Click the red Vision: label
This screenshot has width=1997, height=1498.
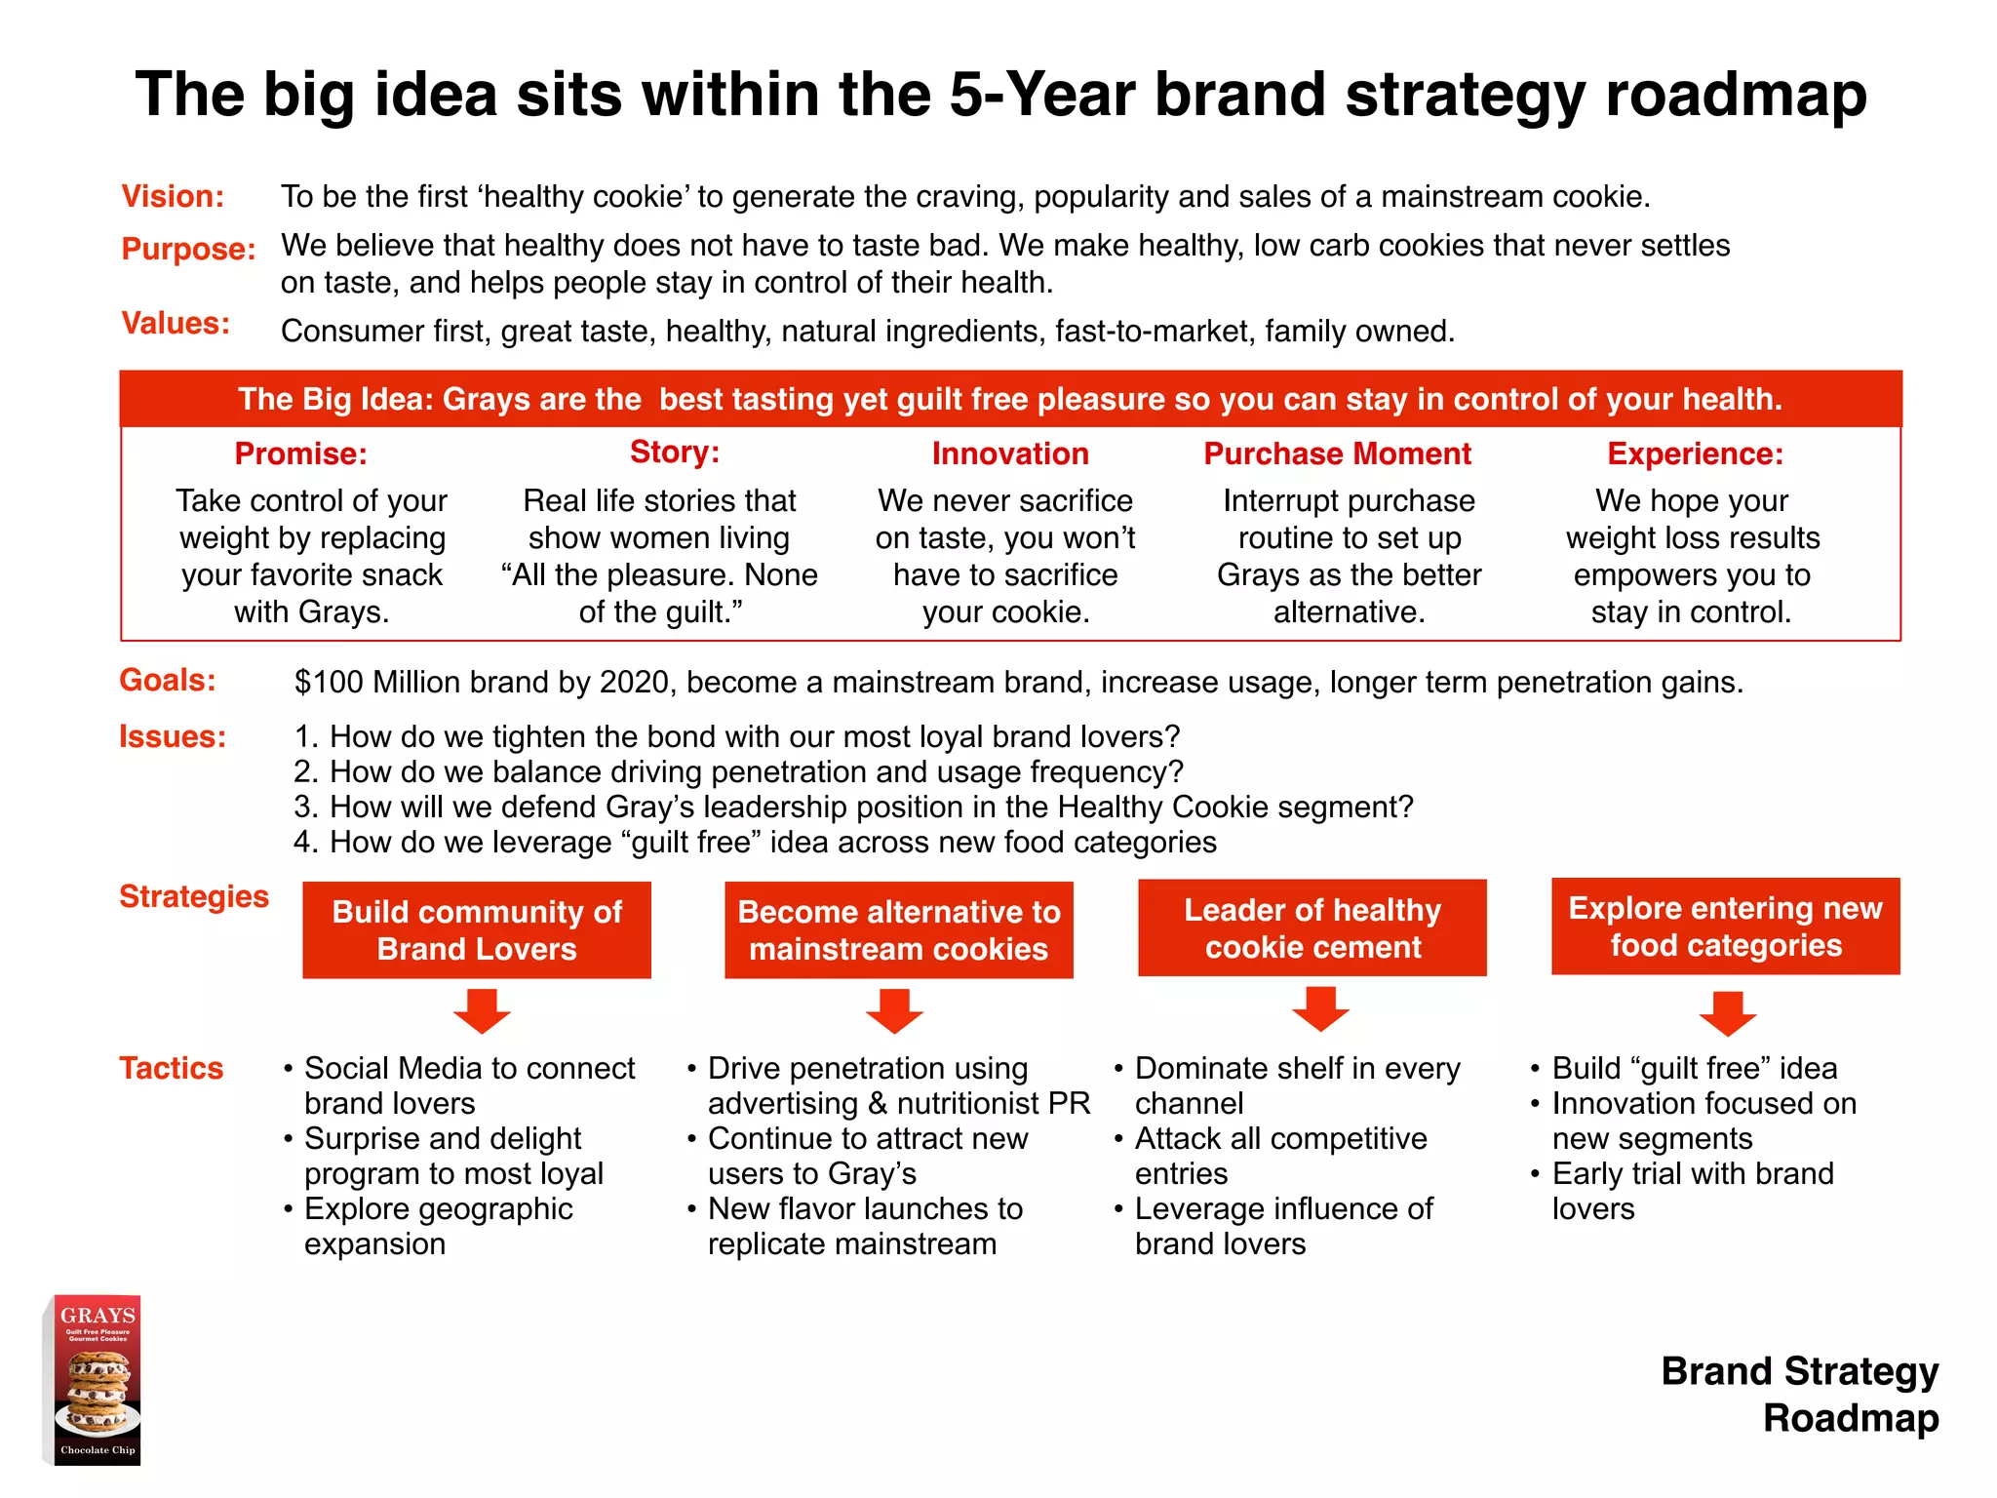[x=173, y=196]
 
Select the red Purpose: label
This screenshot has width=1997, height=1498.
[x=188, y=249]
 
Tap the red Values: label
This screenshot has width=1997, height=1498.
[x=176, y=323]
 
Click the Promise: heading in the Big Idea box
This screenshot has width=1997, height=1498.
[x=300, y=453]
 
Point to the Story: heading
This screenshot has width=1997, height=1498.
[x=674, y=452]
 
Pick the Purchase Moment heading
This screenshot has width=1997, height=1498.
[x=1337, y=453]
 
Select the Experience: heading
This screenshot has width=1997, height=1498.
[x=1695, y=453]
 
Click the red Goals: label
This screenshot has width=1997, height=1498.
[x=167, y=680]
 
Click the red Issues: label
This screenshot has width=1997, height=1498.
[x=172, y=736]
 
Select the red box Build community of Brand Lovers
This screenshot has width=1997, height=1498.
[x=477, y=929]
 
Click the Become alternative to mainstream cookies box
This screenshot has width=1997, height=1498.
[x=898, y=929]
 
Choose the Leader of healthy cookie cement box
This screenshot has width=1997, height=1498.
[x=1312, y=927]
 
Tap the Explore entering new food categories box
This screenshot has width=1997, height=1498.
[x=1725, y=926]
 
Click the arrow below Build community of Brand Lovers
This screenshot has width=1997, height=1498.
[x=482, y=1011]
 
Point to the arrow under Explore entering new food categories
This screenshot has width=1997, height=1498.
[x=1727, y=1013]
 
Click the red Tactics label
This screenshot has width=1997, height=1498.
[x=171, y=1068]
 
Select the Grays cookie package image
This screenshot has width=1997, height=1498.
[x=95, y=1380]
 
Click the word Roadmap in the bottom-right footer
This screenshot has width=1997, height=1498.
[x=1850, y=1417]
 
